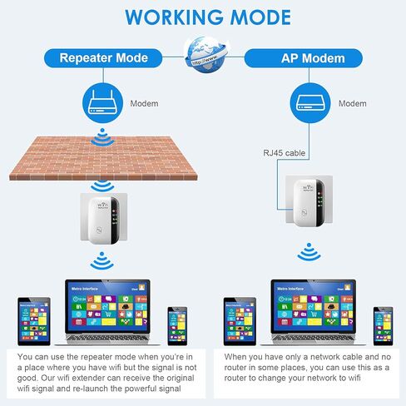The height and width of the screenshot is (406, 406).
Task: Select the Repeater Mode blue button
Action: [103, 58]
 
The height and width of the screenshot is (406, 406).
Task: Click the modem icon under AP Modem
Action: [307, 104]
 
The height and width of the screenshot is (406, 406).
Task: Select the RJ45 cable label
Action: [279, 151]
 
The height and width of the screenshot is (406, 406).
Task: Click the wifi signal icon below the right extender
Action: [308, 252]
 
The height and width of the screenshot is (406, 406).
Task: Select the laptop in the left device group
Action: [107, 311]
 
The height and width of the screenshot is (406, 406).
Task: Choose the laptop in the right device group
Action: [314, 311]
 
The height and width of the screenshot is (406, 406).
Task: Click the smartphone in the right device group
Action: [382, 324]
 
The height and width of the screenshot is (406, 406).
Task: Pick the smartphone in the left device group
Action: [176, 324]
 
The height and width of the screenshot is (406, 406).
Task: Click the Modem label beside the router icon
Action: [143, 104]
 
